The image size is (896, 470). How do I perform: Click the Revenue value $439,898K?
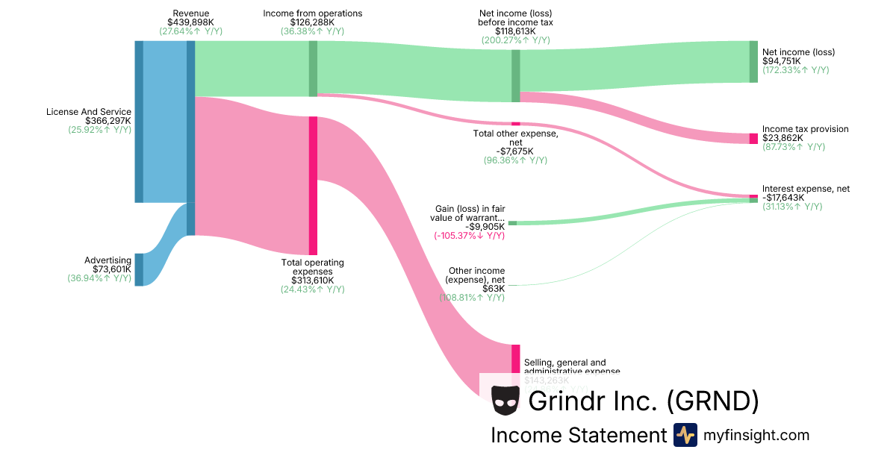click(x=190, y=22)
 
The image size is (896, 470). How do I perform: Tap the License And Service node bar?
click(x=139, y=122)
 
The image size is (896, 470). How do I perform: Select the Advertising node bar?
click(x=139, y=269)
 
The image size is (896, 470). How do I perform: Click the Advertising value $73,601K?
click(x=112, y=269)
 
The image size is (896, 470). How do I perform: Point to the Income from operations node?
click(x=313, y=69)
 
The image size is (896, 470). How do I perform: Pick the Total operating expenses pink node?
click(x=313, y=186)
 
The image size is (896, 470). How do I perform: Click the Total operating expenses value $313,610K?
click(x=312, y=281)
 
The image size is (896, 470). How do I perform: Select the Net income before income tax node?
click(x=516, y=75)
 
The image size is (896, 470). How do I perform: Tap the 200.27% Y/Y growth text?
click(x=516, y=40)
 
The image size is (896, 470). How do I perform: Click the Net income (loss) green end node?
click(x=753, y=61)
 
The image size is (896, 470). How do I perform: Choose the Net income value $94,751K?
click(x=783, y=61)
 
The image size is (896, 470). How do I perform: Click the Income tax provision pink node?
click(x=753, y=138)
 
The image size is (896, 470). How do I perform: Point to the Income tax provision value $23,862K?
click(x=783, y=138)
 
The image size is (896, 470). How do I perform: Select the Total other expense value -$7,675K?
click(x=515, y=151)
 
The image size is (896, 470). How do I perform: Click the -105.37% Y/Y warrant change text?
click(x=469, y=236)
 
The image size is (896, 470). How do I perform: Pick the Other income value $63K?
click(x=494, y=289)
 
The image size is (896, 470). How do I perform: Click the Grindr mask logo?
click(x=505, y=401)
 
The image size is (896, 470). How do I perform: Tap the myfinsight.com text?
click(x=756, y=435)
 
